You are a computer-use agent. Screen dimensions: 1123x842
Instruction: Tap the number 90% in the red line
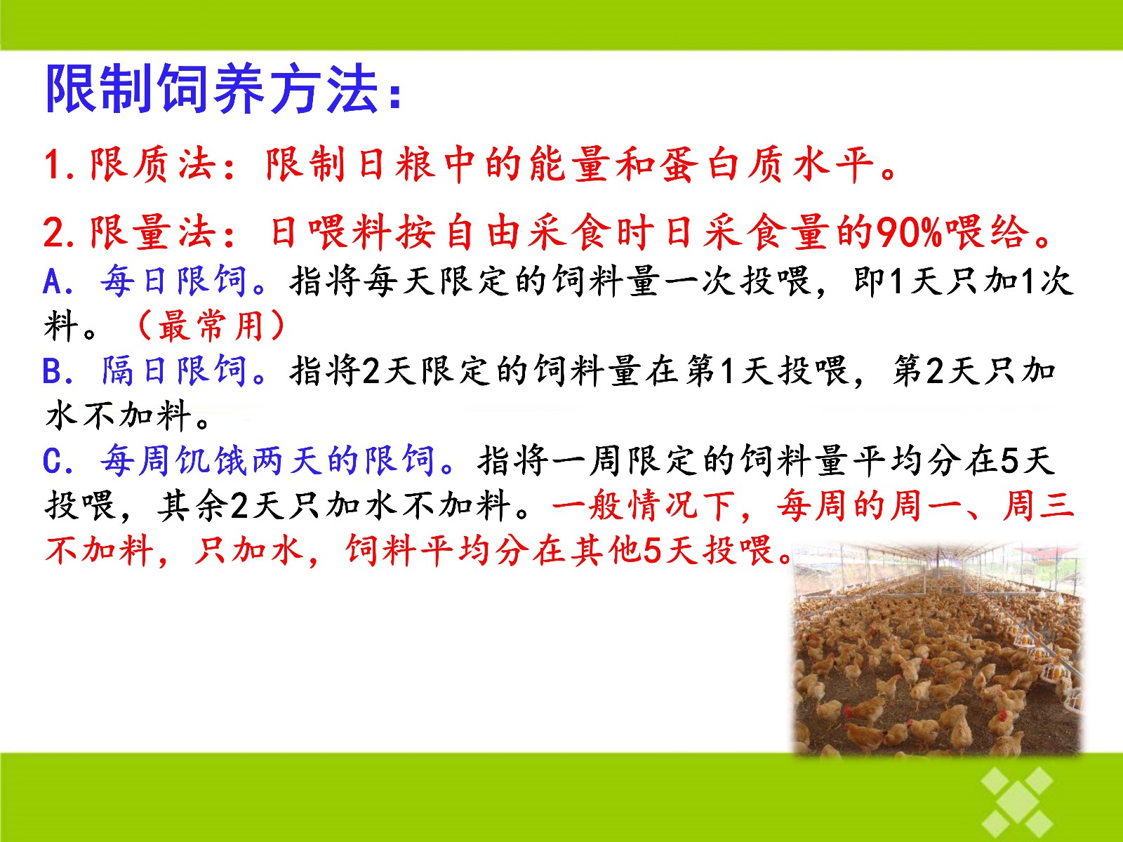coord(908,233)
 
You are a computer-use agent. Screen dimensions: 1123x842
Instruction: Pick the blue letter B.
coord(53,371)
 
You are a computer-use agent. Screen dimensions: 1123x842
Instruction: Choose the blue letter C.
coord(53,461)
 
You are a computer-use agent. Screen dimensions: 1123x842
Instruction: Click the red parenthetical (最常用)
coord(211,326)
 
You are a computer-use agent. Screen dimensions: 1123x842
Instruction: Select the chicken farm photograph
coord(937,648)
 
